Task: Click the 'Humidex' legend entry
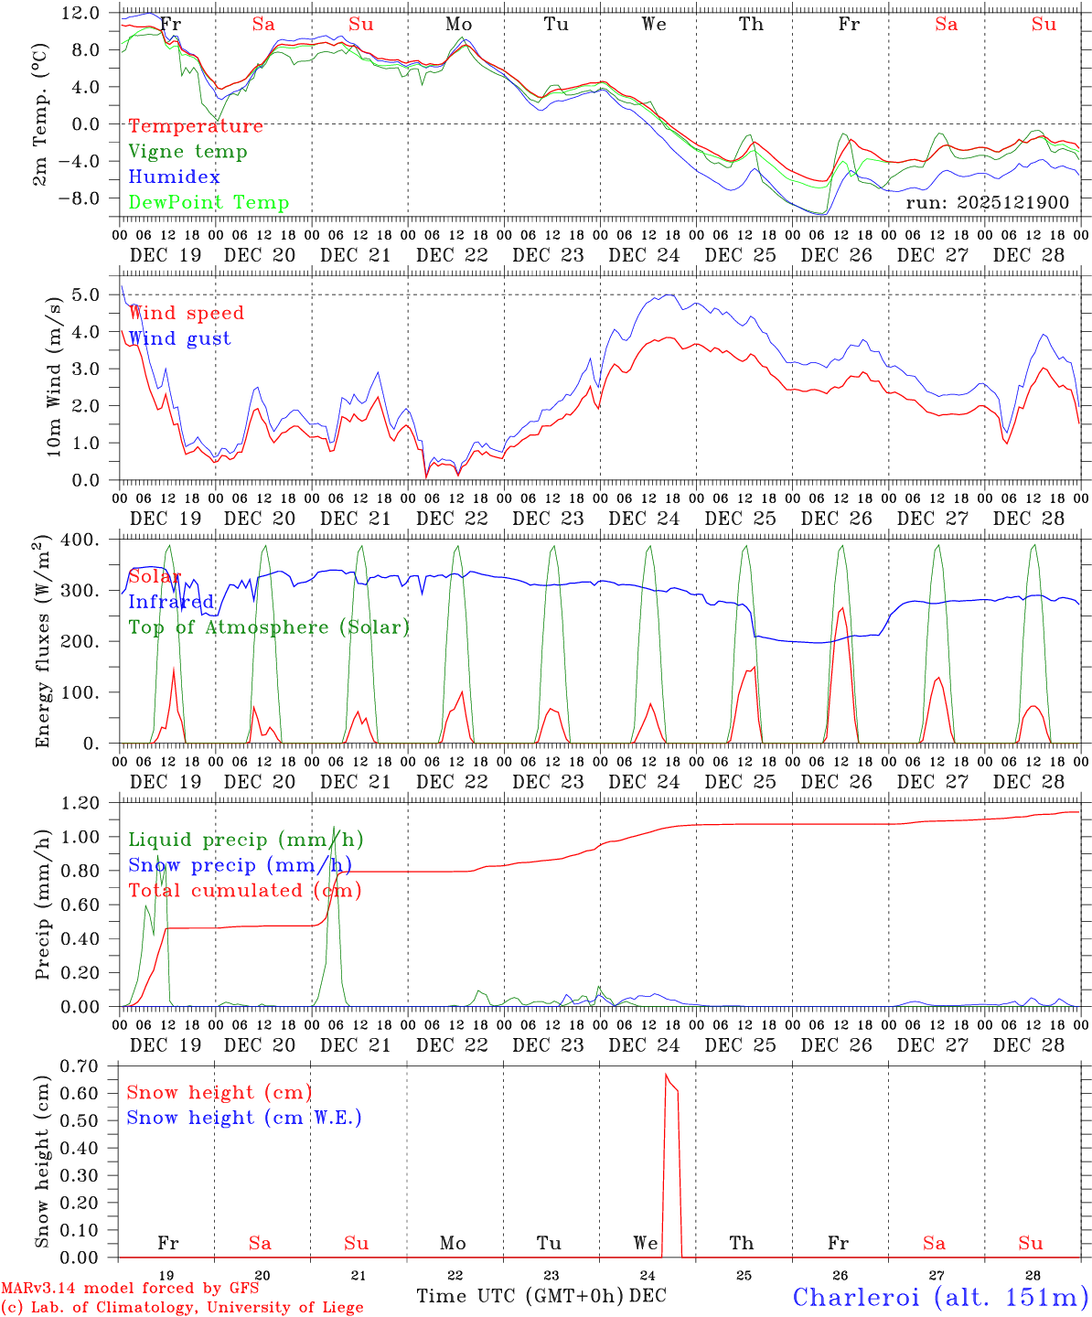174,177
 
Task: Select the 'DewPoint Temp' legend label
209,203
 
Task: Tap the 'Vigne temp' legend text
187,152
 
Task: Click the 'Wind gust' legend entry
179,338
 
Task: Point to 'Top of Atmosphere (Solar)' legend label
269,627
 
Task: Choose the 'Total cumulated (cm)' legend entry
244,891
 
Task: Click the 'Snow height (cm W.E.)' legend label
244,1118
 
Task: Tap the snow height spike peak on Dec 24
666,1075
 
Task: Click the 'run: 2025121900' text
987,202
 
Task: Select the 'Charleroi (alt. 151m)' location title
940,1297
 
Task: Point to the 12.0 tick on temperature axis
82,13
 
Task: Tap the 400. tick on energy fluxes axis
82,540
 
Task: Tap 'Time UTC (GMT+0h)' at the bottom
520,1296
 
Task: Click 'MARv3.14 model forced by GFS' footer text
130,1288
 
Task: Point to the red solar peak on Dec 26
841,608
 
